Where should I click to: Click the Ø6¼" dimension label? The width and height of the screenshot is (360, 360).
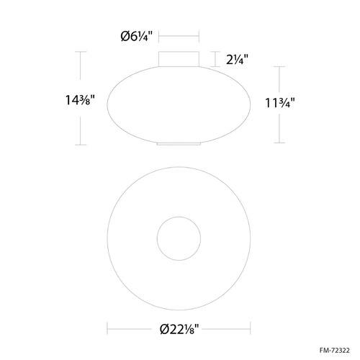pyautogui.click(x=137, y=37)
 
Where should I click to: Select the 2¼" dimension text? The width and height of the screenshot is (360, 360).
pyautogui.click(x=237, y=59)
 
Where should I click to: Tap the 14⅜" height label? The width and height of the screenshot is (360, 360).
pyautogui.click(x=81, y=100)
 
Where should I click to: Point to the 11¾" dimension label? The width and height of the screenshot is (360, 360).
pyautogui.click(x=280, y=103)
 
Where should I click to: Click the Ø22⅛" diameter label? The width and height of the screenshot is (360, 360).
pyautogui.click(x=179, y=329)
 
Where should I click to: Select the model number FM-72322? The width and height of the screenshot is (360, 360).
pyautogui.click(x=335, y=351)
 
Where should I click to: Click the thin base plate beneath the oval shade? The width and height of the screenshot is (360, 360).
pyautogui.click(x=179, y=144)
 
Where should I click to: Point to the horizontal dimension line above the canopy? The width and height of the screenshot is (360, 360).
pyautogui.click(x=179, y=36)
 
